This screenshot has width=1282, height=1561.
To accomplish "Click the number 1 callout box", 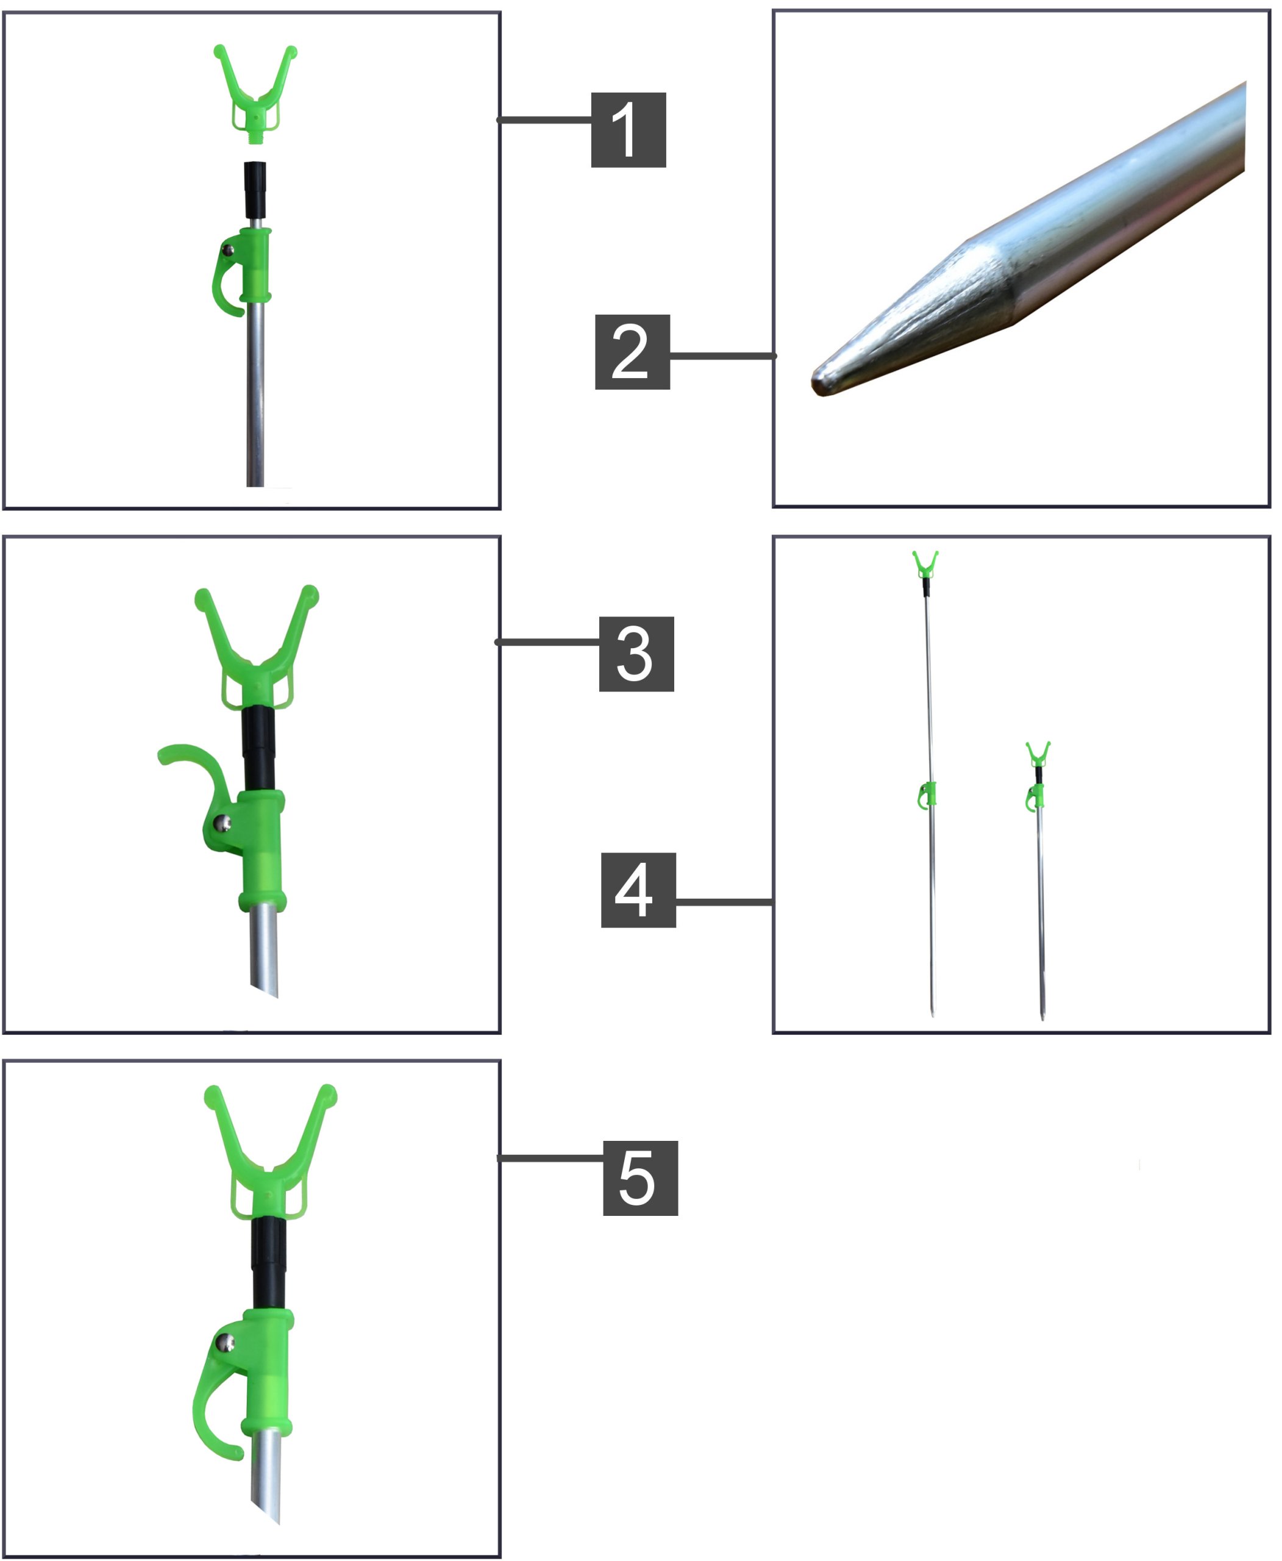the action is [x=629, y=130].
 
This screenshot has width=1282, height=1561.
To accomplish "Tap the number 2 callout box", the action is [x=633, y=352].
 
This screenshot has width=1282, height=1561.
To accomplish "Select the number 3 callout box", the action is [x=636, y=654].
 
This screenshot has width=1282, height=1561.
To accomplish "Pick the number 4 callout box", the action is [x=639, y=890].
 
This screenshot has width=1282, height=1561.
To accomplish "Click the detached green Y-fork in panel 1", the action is [x=255, y=92].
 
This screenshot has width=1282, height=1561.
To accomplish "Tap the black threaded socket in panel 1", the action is [x=255, y=190].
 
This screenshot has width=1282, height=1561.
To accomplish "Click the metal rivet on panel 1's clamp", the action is [x=229, y=251].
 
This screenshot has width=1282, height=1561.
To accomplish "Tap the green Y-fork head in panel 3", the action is [x=257, y=649].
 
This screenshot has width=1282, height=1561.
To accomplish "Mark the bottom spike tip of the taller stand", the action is [x=933, y=1015].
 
